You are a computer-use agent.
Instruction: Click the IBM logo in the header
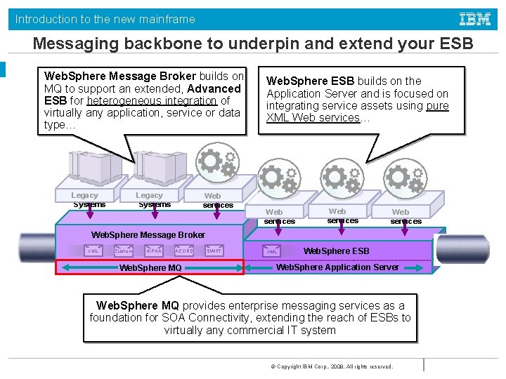coord(475,19)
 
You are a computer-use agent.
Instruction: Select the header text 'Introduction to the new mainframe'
coord(105,19)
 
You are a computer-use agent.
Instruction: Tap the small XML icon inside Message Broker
coord(93,251)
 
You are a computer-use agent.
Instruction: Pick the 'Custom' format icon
coord(124,251)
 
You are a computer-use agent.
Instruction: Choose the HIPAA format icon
coord(154,251)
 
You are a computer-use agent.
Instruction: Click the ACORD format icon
coord(184,251)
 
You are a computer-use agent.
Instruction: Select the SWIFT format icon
coord(214,251)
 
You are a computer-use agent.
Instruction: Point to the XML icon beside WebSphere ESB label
coord(272,251)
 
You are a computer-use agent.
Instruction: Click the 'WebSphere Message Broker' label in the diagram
coord(148,234)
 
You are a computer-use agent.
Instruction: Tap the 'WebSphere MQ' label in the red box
coord(150,267)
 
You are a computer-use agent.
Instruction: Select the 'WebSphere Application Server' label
coord(337,267)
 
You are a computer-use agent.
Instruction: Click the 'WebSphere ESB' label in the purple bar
coord(336,251)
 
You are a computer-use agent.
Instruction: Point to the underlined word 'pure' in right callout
coord(437,105)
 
